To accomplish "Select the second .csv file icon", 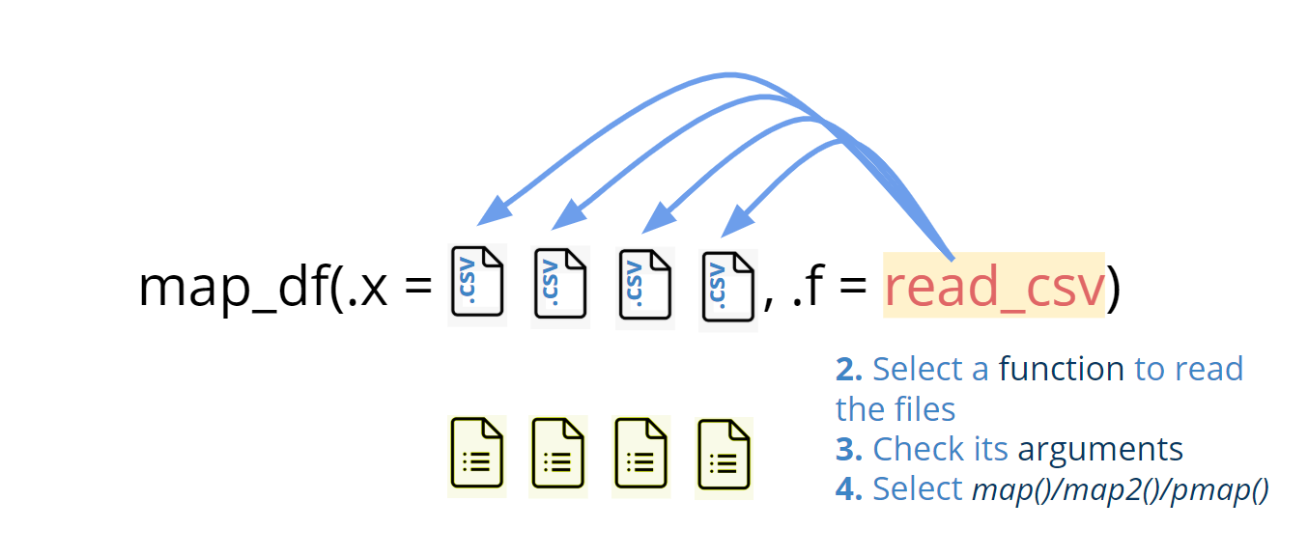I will point(560,285).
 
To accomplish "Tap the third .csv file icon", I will point(644,286).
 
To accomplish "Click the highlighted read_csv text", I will point(993,286).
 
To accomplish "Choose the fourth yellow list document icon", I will point(725,458).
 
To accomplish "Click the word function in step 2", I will point(1061,370).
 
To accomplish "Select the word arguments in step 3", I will point(1100,450).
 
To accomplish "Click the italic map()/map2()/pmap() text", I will point(1119,490).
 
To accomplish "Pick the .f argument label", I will point(808,287).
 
